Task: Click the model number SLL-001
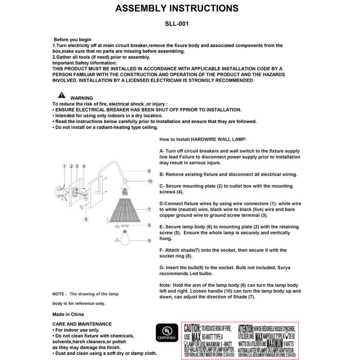177,24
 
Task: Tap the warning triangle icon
62,95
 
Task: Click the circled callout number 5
86,219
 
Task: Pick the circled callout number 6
149,171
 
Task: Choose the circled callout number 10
150,181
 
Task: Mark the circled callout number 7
149,210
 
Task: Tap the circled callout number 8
149,225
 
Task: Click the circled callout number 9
149,241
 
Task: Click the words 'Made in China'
68,314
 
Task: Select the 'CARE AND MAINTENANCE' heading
82,324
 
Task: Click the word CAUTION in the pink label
192,328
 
